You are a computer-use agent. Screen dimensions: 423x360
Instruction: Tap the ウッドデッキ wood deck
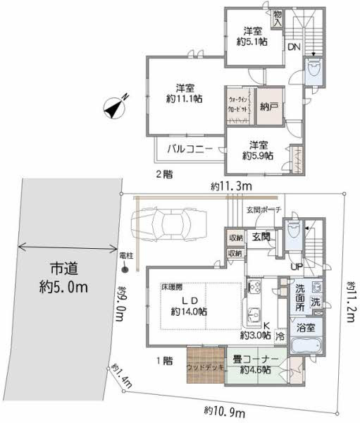[x=205, y=367]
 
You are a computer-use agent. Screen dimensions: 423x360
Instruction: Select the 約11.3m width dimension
[x=230, y=186]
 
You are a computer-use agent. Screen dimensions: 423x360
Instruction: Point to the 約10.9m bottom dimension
[x=224, y=410]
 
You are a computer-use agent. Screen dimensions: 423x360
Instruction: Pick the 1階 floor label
[x=164, y=360]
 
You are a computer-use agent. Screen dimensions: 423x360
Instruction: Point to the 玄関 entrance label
[x=262, y=237]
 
